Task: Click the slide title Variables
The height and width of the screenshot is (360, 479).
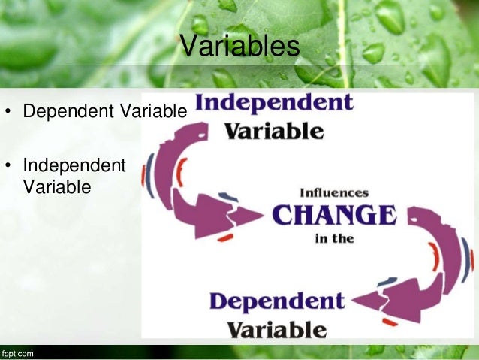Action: pyautogui.click(x=239, y=46)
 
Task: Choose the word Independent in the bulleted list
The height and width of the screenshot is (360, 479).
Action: pyautogui.click(x=74, y=165)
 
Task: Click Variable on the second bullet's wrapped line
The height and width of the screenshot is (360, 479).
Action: pyautogui.click(x=57, y=186)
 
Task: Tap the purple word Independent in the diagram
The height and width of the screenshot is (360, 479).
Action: pyautogui.click(x=273, y=103)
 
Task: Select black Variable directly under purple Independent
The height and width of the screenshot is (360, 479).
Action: pyautogui.click(x=275, y=132)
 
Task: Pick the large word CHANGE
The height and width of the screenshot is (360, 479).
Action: pyautogui.click(x=333, y=216)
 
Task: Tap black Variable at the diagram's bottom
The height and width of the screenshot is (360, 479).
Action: pyautogui.click(x=276, y=329)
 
